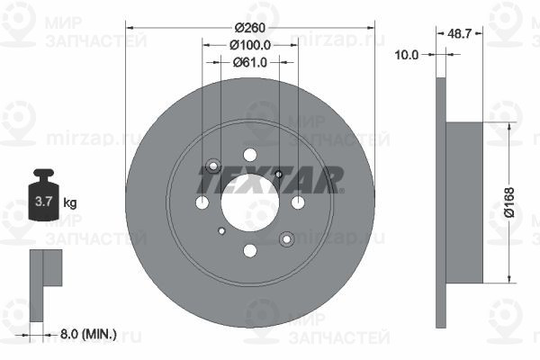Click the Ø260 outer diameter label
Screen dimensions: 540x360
[x=250, y=28]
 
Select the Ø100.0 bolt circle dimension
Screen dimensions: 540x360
[x=250, y=45]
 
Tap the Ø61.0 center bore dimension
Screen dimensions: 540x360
[x=250, y=62]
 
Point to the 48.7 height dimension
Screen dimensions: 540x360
[x=459, y=34]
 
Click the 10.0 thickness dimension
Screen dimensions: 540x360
[x=407, y=54]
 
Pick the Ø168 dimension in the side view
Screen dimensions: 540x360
[x=509, y=202]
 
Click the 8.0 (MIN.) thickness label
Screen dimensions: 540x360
[x=88, y=334]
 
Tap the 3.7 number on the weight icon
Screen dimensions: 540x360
[x=44, y=202]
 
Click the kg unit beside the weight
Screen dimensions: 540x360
[x=70, y=202]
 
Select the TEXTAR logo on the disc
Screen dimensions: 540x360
[x=270, y=180]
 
